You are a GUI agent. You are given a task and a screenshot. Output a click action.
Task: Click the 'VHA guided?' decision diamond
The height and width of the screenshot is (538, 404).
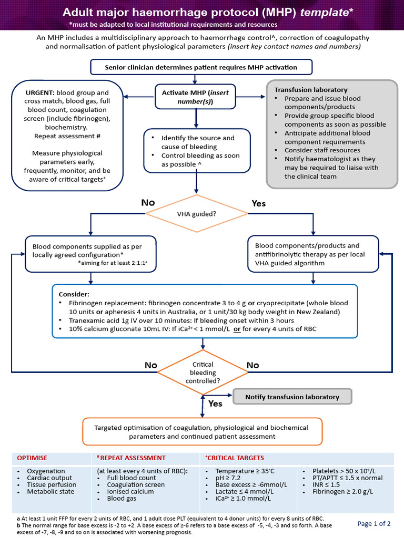click(x=196, y=213)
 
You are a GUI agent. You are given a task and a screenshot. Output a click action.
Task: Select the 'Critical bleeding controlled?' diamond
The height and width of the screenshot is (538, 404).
click(x=203, y=373)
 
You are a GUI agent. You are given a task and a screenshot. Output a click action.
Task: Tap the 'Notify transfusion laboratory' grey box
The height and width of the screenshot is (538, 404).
click(x=292, y=397)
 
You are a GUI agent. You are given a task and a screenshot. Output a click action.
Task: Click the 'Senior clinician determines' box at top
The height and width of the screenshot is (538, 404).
click(x=201, y=67)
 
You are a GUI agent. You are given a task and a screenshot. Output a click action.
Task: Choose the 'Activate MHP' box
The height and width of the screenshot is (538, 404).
click(x=195, y=97)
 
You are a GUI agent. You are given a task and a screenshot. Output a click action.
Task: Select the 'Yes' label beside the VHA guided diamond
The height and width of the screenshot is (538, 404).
click(x=259, y=203)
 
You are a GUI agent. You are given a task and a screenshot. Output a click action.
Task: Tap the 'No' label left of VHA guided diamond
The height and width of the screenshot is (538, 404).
click(x=148, y=203)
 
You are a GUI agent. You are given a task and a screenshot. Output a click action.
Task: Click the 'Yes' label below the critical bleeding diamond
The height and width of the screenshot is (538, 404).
click(x=216, y=403)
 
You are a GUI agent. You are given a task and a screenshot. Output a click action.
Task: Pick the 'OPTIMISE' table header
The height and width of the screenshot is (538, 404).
click(x=33, y=458)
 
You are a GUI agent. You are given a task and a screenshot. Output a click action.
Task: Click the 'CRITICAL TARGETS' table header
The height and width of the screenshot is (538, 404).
click(x=235, y=458)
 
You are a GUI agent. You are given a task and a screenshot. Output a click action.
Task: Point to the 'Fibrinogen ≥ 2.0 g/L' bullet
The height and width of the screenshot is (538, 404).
click(x=343, y=492)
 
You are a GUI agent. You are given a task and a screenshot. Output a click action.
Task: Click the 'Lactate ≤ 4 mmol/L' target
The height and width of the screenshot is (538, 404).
click(x=240, y=492)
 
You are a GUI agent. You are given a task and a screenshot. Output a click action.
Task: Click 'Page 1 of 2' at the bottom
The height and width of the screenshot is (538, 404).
click(x=374, y=523)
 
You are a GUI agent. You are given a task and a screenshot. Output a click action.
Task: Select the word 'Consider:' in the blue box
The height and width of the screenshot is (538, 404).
click(x=74, y=294)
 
